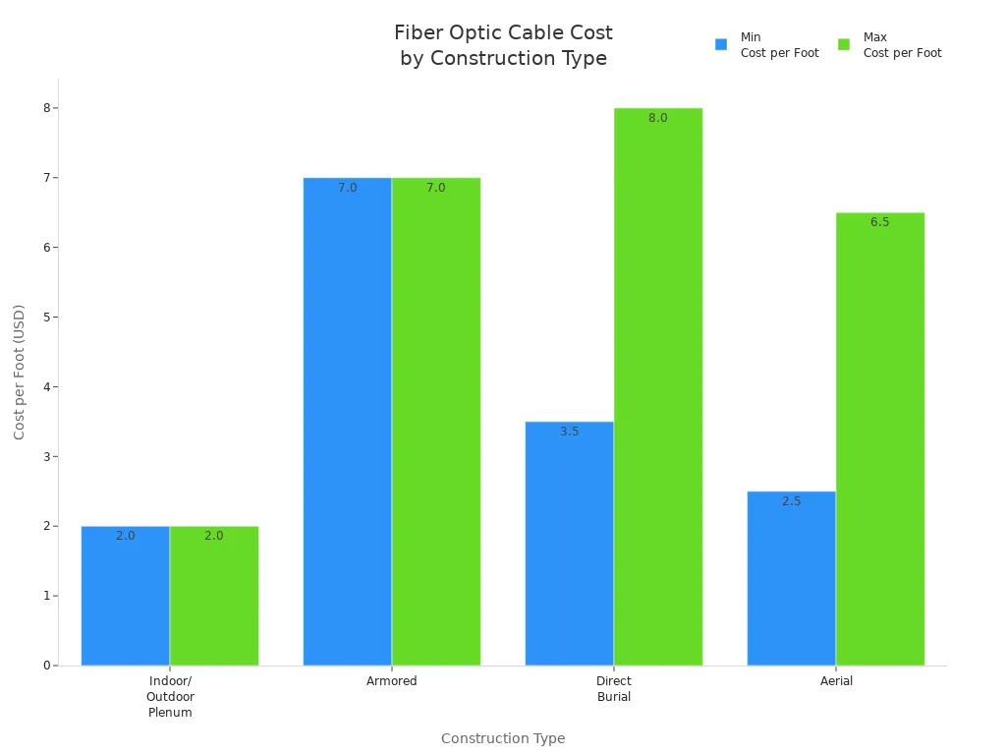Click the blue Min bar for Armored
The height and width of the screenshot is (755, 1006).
(347, 423)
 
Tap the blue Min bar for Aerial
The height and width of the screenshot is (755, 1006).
(791, 580)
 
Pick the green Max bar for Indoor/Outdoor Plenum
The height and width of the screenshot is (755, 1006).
(214, 600)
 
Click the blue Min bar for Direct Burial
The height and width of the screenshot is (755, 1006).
(569, 546)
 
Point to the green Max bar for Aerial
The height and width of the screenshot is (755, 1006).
(880, 442)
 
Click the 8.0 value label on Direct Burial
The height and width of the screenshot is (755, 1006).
(658, 118)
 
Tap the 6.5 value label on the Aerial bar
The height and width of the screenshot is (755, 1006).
(880, 222)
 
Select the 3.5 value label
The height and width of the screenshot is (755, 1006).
(570, 432)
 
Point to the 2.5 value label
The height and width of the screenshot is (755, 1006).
(792, 501)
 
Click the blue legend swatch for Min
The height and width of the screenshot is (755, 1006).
(721, 44)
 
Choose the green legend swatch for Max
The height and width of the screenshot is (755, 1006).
(844, 44)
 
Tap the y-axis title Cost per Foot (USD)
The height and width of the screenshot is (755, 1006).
(20, 372)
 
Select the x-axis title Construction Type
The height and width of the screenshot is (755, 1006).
(503, 738)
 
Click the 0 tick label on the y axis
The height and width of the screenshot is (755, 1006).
(46, 666)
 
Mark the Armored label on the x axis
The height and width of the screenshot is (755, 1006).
(392, 681)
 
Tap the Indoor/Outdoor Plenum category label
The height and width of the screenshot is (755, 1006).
(170, 697)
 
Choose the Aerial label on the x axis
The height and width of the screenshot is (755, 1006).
(836, 681)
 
